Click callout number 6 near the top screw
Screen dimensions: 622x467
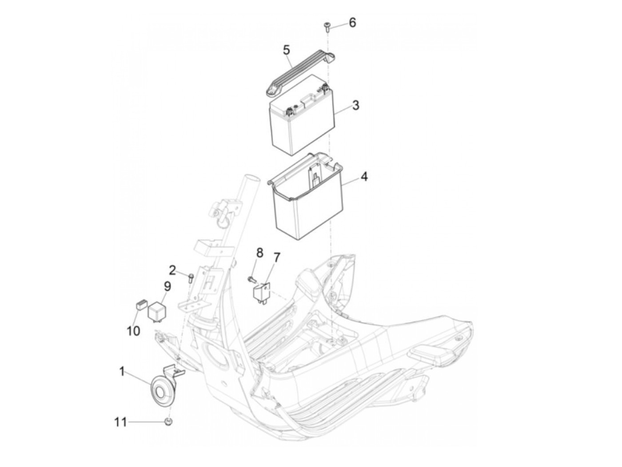(x=352, y=22)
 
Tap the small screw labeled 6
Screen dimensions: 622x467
(x=327, y=25)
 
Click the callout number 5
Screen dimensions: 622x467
(x=287, y=50)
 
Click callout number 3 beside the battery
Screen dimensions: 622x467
(x=355, y=106)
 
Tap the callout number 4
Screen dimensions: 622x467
(x=364, y=177)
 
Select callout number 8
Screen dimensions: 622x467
(x=259, y=253)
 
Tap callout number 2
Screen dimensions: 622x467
(x=172, y=269)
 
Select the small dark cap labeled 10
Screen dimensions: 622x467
(x=140, y=305)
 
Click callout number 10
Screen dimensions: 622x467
(x=133, y=331)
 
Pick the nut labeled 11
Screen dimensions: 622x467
(x=168, y=421)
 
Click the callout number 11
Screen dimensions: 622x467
(x=120, y=422)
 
